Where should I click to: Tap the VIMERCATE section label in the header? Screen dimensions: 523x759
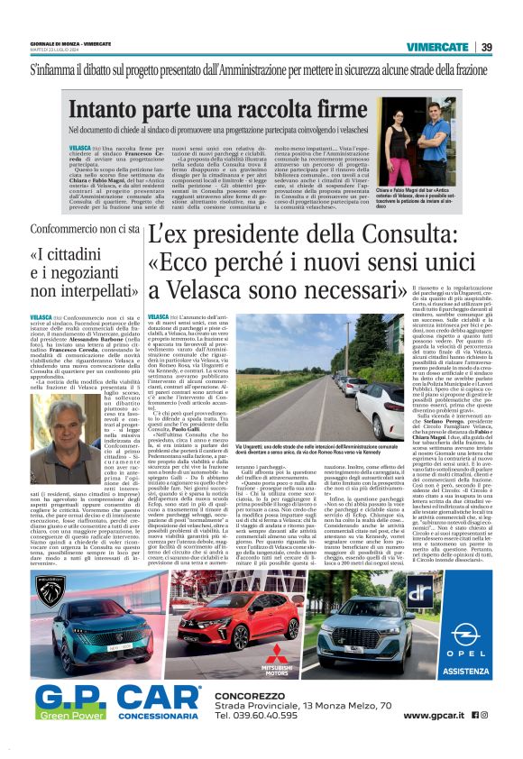[x=442, y=46]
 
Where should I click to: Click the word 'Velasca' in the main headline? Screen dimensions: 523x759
[x=193, y=292]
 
